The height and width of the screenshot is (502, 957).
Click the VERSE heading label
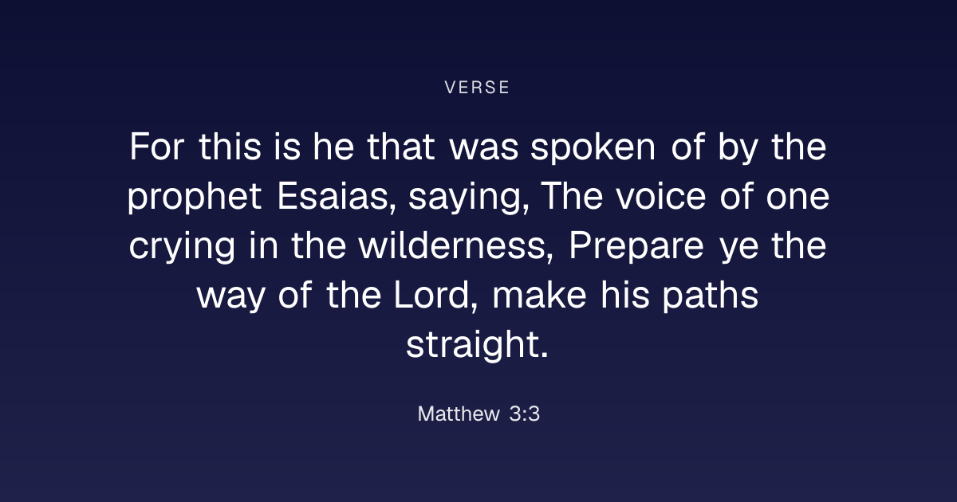click(477, 88)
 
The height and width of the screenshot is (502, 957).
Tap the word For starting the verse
click(157, 147)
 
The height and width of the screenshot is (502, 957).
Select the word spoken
click(593, 149)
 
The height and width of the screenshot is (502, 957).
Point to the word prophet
click(195, 198)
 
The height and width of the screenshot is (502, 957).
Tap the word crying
click(182, 248)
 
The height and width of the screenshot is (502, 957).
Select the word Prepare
click(636, 248)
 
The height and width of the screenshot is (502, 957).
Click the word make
click(540, 295)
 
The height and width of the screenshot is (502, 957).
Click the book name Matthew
click(459, 414)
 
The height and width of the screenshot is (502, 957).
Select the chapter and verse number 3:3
click(525, 414)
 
